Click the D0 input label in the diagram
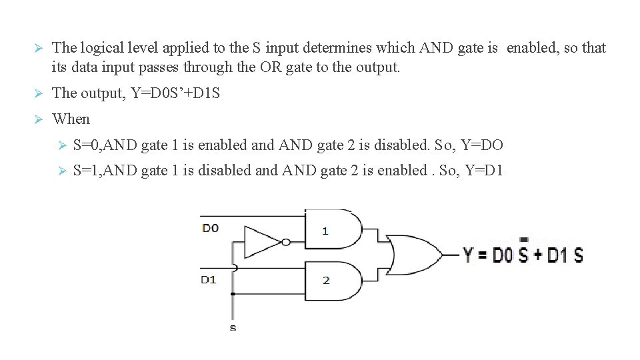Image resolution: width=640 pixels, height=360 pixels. [210, 228]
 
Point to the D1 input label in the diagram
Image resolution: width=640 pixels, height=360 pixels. [209, 279]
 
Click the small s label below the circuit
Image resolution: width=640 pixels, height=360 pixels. [232, 327]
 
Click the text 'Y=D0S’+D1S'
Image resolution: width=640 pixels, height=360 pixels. [175, 93]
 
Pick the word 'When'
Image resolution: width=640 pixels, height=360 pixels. [71, 119]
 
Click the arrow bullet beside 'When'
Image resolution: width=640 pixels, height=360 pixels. [39, 119]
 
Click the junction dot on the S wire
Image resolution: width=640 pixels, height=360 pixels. [233, 293]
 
